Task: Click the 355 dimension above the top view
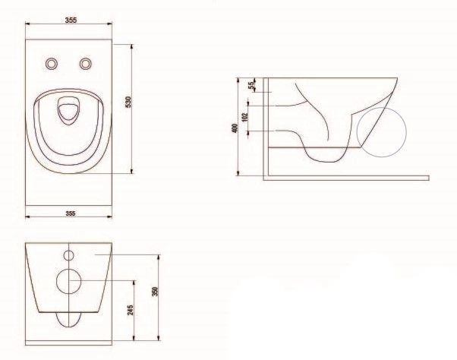click(x=71, y=20)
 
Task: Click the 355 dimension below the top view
click(x=71, y=213)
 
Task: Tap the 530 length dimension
click(x=128, y=102)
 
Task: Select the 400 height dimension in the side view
click(x=235, y=128)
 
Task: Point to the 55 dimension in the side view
click(x=251, y=85)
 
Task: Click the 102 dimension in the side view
click(x=244, y=117)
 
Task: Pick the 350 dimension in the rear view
click(x=155, y=292)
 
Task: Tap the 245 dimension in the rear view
click(x=131, y=310)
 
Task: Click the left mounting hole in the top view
click(x=52, y=64)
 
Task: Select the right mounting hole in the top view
click(x=86, y=64)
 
